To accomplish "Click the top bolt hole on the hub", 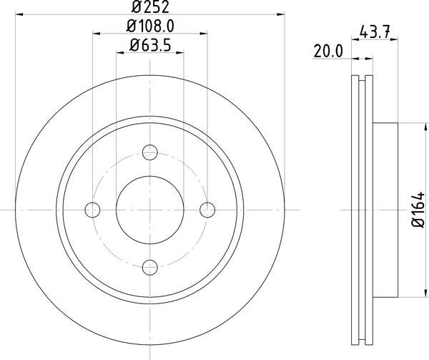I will tap(149, 152).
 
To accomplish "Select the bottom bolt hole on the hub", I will tap(149, 268).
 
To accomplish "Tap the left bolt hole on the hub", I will tap(92, 210).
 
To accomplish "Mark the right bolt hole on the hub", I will tap(207, 210).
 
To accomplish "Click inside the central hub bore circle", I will tap(149, 210).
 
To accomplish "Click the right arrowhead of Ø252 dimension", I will tap(281, 14).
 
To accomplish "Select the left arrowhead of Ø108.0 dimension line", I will tap(96, 34).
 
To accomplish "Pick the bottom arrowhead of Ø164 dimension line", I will tap(407, 294).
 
